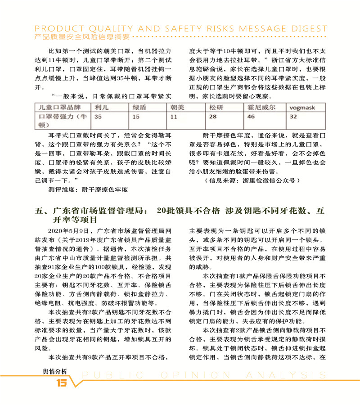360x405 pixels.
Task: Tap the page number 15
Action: tap(60, 383)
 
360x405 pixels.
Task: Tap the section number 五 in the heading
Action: tap(39, 211)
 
